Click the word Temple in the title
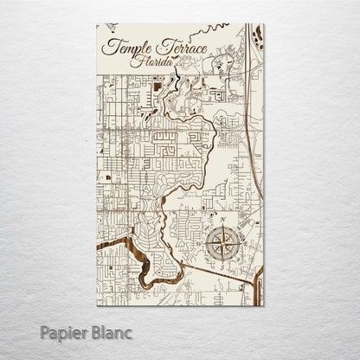126,48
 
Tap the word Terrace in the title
179,48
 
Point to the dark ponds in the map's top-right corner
258,36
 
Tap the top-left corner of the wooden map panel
97,24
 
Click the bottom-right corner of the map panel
264,305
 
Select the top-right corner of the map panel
264,24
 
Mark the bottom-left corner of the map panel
97,305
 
